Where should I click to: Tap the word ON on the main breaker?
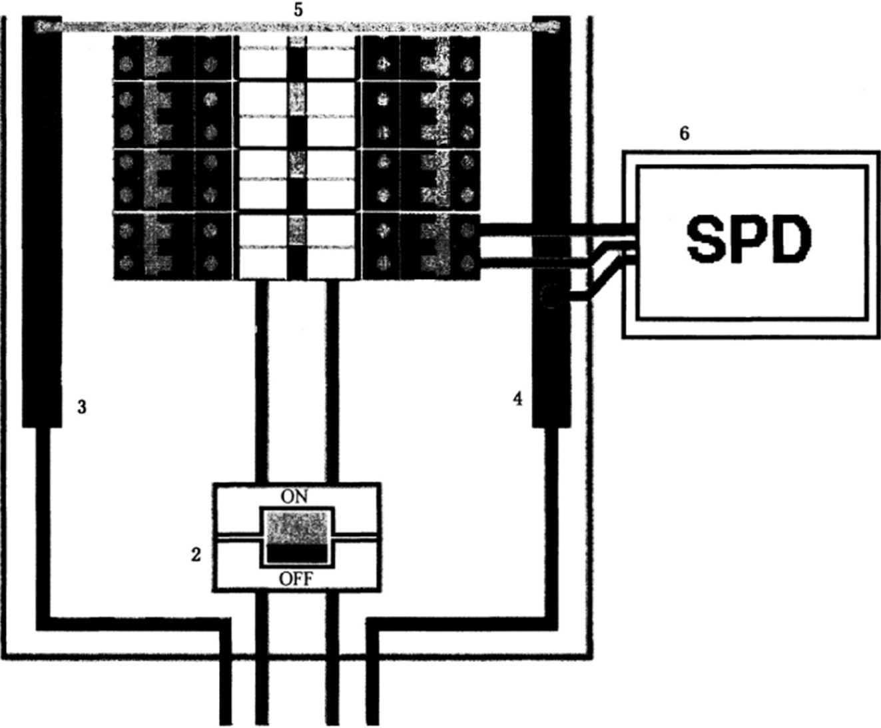294,497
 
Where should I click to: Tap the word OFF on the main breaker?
296,579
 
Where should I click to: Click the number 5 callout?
298,10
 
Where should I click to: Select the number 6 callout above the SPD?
684,134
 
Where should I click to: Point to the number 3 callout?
82,407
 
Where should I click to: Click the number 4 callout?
518,399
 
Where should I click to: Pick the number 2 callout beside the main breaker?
196,554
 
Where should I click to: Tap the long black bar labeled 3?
42,220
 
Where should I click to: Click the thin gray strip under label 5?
298,27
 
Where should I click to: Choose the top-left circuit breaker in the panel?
173,57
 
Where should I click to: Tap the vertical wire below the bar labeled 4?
551,520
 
